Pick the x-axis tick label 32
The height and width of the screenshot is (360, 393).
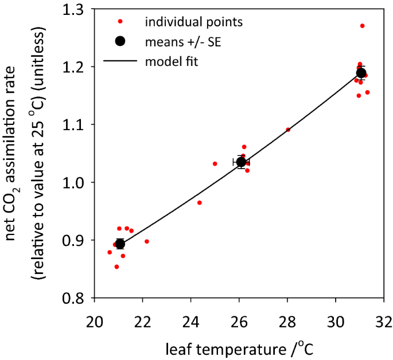[x=383, y=317]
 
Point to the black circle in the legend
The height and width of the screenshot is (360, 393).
[x=120, y=41]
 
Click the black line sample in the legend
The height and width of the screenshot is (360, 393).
[x=119, y=60]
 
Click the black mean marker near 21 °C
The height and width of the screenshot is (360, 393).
[x=120, y=244]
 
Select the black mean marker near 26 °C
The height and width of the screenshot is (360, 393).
[x=242, y=162]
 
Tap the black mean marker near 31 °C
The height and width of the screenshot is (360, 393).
[x=361, y=73]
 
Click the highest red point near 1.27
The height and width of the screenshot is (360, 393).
[x=362, y=26]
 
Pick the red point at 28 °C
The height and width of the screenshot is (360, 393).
[x=288, y=130]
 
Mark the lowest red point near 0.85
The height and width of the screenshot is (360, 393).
[x=116, y=267]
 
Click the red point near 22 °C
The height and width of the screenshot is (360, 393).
[x=147, y=241]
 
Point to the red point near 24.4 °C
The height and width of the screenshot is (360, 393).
[x=200, y=202]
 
